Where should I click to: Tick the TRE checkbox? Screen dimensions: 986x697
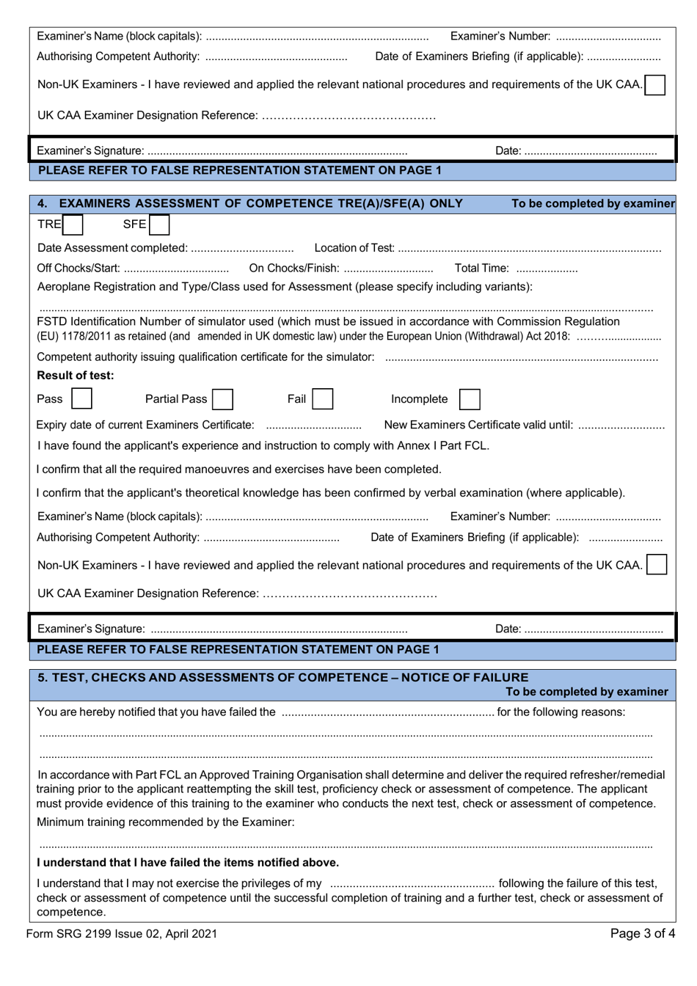(x=73, y=224)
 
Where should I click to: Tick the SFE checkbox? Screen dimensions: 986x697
(x=158, y=224)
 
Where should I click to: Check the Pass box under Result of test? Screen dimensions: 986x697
(x=82, y=399)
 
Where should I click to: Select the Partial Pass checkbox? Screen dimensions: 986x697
(x=223, y=399)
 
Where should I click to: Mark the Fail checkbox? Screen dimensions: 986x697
(x=322, y=399)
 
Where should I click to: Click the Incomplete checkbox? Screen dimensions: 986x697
(x=470, y=400)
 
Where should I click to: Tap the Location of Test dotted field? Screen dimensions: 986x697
(x=529, y=249)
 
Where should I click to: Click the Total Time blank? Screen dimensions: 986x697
(x=547, y=269)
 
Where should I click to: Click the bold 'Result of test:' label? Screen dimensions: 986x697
(x=76, y=376)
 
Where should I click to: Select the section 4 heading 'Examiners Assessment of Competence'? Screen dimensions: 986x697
(x=260, y=203)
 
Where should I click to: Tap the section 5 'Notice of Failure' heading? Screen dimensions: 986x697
(x=283, y=677)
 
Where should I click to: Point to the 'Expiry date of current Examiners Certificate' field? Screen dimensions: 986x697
(x=313, y=426)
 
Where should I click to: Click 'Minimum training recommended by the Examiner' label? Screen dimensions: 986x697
(x=166, y=822)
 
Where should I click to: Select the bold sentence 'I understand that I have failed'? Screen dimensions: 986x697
(x=188, y=862)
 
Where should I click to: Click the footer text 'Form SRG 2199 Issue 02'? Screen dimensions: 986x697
(x=122, y=933)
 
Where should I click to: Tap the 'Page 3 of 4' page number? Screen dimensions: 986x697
(x=642, y=933)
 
